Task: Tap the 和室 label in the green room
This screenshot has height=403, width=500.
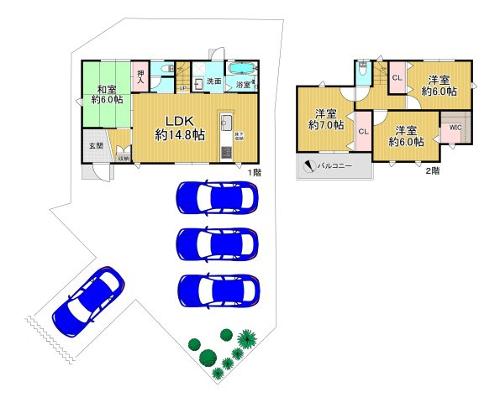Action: (106, 89)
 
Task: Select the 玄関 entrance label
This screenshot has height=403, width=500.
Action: (96, 145)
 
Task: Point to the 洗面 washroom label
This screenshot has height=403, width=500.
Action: (214, 81)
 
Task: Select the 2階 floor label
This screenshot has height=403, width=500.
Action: (433, 170)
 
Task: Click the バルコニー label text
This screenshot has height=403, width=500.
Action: (334, 165)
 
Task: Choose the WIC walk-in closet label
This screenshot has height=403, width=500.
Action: (455, 128)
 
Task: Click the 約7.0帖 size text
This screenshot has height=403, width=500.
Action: (326, 125)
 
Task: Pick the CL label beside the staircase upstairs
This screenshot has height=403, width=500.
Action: (397, 78)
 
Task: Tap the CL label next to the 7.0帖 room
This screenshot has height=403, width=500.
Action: (363, 132)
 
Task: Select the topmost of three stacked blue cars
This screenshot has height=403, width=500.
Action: (217, 198)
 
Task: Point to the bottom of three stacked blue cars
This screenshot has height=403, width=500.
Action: (217, 290)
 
